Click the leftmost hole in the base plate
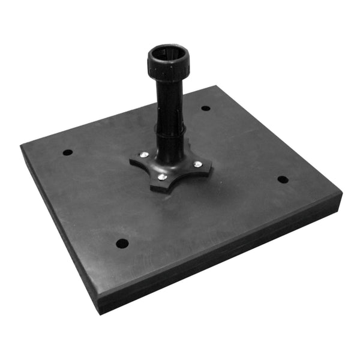pyautogui.click(x=68, y=152)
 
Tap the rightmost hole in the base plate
pyautogui.click(x=283, y=179)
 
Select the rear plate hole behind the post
pyautogui.click(x=206, y=108)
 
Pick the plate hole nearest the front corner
pyautogui.click(x=122, y=244)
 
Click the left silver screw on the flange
pyautogui.click(x=144, y=155)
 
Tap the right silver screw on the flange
pyautogui.click(x=197, y=164)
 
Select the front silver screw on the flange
pyautogui.click(x=161, y=177)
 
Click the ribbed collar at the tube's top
pyautogui.click(x=168, y=66)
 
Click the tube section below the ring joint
pyautogui.click(x=170, y=144)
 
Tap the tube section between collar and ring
pyautogui.click(x=169, y=102)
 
